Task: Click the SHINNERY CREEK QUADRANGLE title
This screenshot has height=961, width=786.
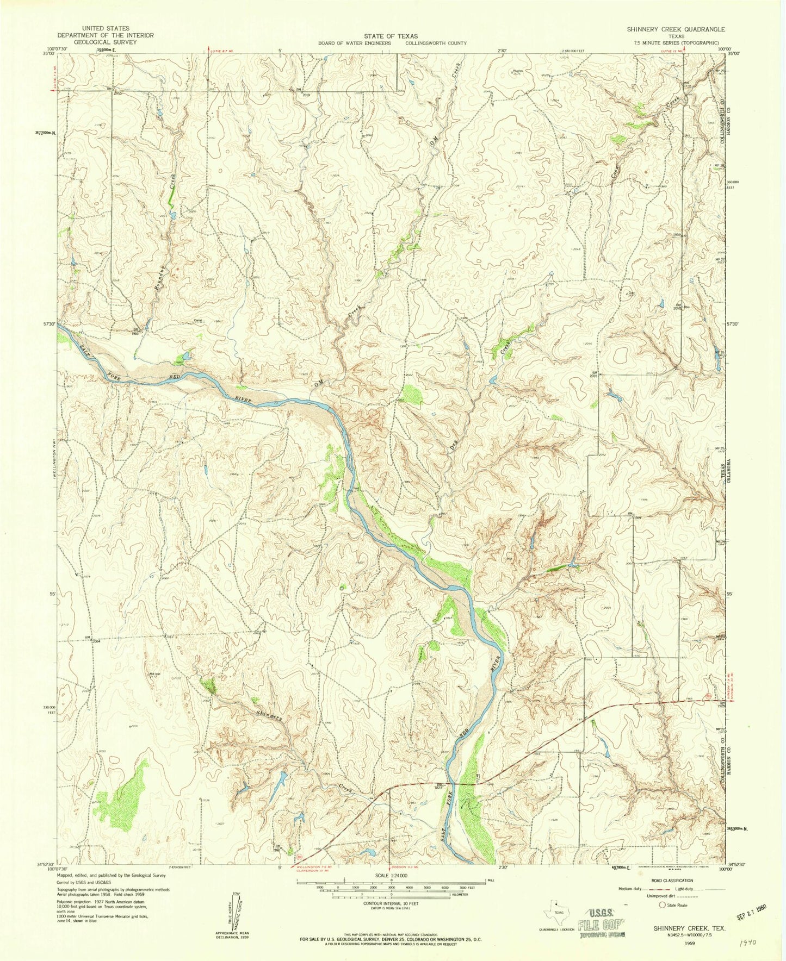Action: click(675, 29)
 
